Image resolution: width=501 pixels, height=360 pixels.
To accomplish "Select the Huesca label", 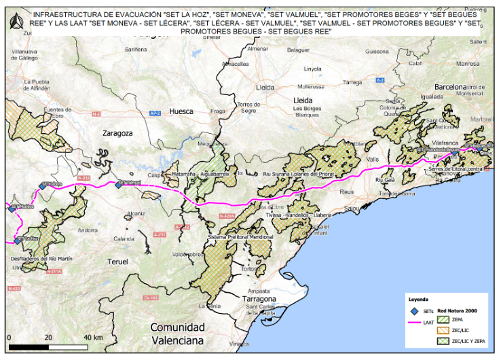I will coord(181,111).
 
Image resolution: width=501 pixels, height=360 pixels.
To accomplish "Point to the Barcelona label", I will coord(451,87).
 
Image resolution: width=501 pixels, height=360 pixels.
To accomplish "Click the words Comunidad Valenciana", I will coord(177,334).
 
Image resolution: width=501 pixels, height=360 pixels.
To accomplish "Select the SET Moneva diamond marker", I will coord(12,209).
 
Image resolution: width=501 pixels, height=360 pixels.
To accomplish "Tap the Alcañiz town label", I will coord(136,213).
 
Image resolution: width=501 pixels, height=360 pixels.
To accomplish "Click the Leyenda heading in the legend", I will coord(419,298).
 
